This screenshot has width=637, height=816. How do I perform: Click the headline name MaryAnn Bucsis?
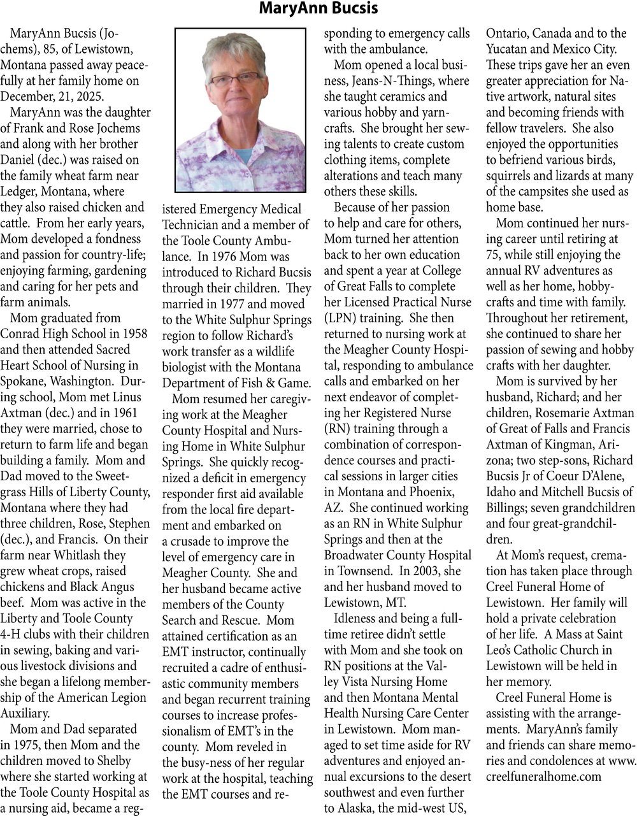318,9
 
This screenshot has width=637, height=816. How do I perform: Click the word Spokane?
22,381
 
